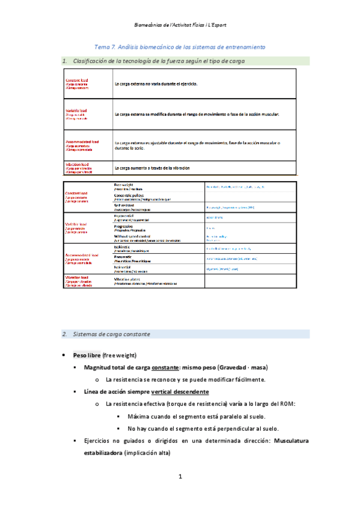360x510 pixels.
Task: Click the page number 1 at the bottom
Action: click(180, 477)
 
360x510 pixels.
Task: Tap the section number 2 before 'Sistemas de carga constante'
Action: click(64, 334)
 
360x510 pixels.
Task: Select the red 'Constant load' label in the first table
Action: click(76, 80)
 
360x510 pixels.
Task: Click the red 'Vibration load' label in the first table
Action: click(77, 164)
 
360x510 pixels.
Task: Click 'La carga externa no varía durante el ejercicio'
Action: click(156, 84)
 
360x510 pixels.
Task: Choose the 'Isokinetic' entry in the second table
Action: click(123, 247)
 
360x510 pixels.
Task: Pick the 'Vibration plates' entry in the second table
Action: click(128, 279)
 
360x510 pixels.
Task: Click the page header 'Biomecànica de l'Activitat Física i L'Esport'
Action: click(180, 26)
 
